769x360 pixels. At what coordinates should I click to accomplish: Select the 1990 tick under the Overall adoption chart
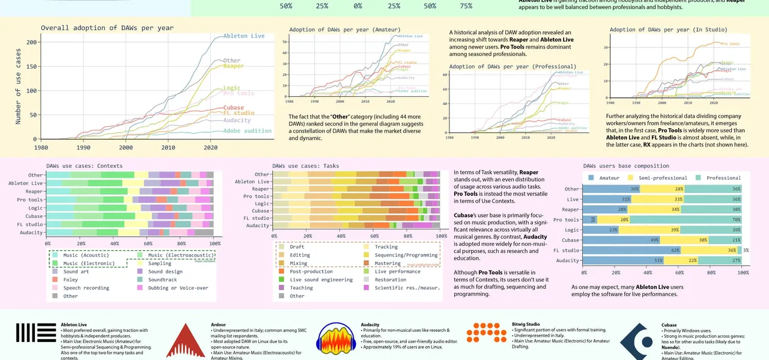tap(84, 147)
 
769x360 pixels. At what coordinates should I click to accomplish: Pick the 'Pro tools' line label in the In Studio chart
tap(730, 44)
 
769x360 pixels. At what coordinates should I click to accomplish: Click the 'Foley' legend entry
tap(70, 279)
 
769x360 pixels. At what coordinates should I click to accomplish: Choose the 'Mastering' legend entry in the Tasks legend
tap(387, 263)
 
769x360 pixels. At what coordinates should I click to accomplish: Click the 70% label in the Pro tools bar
tap(736, 219)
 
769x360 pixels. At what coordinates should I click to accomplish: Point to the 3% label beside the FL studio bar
tap(746, 250)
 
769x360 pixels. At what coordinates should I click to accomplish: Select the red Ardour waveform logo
tap(186, 341)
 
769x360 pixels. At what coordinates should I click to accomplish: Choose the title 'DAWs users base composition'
tap(625, 166)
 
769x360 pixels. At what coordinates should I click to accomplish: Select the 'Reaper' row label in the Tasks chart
tap(260, 189)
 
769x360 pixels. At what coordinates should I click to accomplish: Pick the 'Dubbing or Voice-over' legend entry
tap(178, 288)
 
